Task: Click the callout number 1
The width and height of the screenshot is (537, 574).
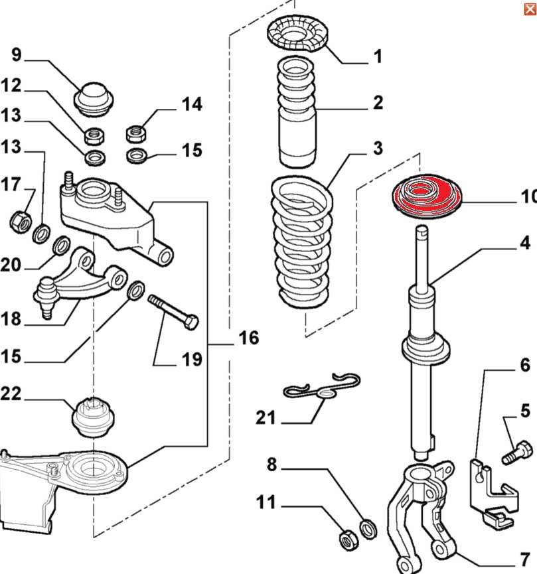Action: pos(377,56)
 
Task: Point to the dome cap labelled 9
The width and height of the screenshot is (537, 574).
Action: pos(93,98)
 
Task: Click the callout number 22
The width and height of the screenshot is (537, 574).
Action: pos(11,394)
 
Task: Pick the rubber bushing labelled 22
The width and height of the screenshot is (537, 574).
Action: pos(93,417)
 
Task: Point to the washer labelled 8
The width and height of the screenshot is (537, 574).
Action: pos(366,529)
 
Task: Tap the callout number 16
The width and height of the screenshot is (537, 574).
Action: pos(248,338)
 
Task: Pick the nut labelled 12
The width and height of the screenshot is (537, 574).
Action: pos(93,137)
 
